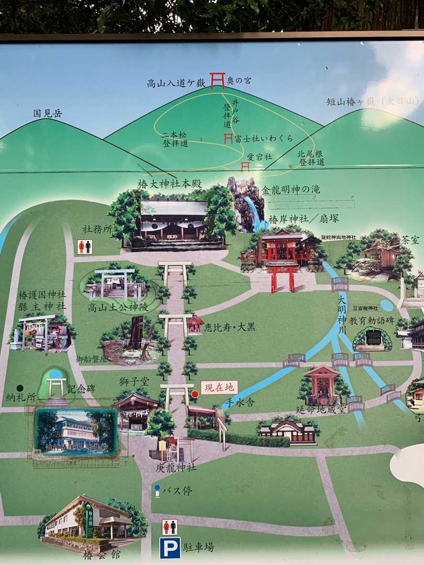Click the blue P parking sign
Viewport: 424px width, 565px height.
pos(170,548)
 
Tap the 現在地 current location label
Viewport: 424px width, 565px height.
pos(219,388)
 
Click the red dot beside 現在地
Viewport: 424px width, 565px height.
pos(195,393)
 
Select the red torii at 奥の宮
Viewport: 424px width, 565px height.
pos(217,80)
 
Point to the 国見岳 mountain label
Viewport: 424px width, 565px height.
pos(47,113)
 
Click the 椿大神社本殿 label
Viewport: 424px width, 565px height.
pos(164,184)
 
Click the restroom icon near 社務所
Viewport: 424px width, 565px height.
pos(84,246)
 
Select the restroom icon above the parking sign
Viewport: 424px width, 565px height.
pos(170,527)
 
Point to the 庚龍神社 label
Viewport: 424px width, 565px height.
pos(176,467)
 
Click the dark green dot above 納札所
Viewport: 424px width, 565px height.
pos(20,388)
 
